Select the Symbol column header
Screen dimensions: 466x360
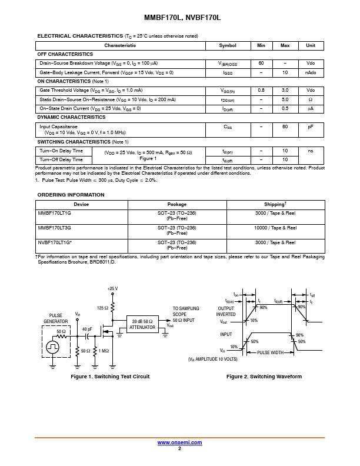[x=228, y=45]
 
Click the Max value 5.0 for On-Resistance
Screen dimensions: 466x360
[x=285, y=99]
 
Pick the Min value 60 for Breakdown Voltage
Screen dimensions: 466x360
[x=261, y=63]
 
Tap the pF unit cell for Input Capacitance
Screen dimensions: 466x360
[x=311, y=127]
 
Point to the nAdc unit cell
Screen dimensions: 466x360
[x=311, y=72]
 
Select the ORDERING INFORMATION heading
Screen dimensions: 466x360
[x=71, y=195]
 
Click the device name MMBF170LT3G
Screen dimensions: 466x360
[x=55, y=228]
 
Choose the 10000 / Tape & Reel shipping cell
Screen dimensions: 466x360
[x=275, y=228]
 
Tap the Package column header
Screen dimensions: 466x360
[x=177, y=204]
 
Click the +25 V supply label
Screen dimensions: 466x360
[x=113, y=288]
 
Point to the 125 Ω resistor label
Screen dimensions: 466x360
[x=102, y=308]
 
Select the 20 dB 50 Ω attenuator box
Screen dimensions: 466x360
[x=142, y=324]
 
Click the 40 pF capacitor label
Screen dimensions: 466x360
[x=87, y=329]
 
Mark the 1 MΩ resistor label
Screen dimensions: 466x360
[x=104, y=351]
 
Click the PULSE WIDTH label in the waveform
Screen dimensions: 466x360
[x=270, y=352]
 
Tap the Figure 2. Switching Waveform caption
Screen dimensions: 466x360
[x=264, y=377]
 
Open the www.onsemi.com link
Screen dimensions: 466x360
[x=179, y=442]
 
